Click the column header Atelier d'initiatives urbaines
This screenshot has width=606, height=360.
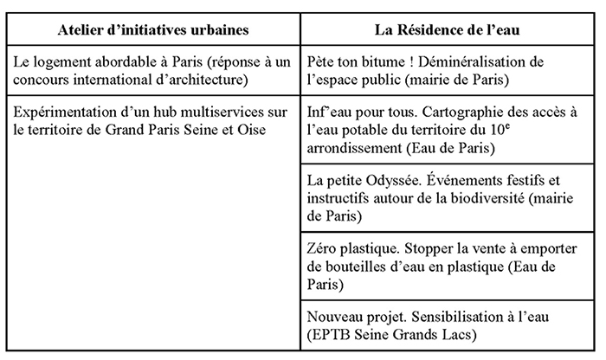[x=154, y=29]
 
